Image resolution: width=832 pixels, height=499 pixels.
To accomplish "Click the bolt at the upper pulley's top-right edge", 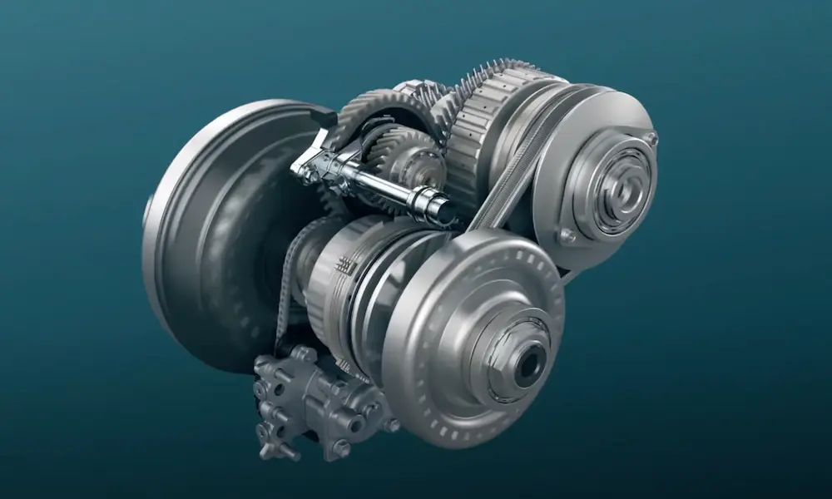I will [x=651, y=138].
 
